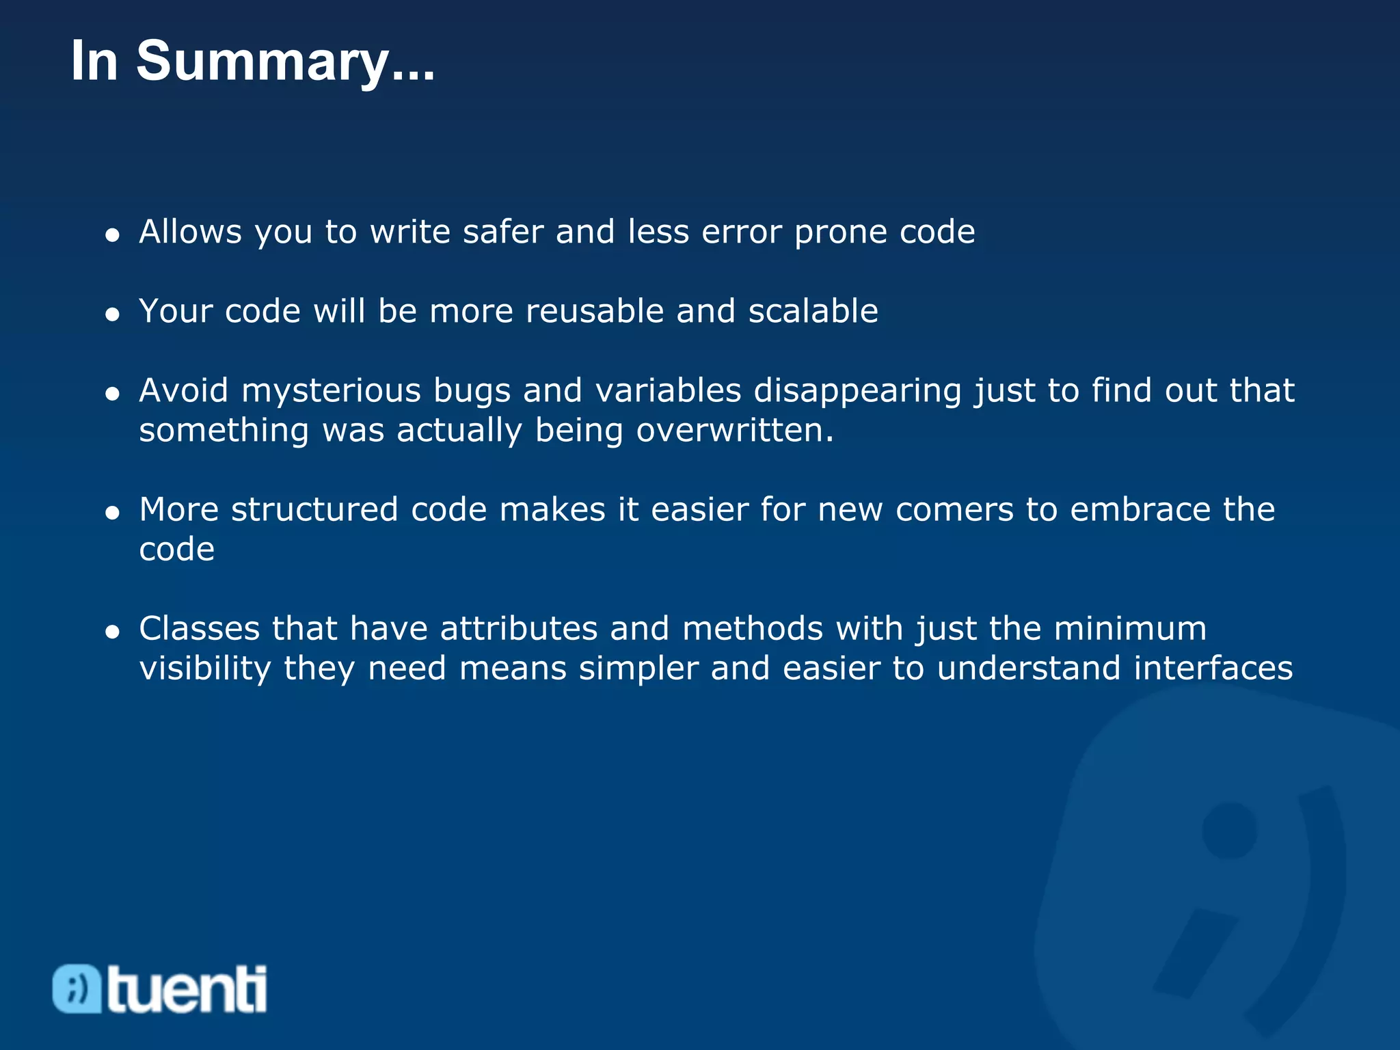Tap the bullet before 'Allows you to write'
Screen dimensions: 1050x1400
point(113,235)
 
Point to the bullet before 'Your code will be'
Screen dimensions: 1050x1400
point(113,314)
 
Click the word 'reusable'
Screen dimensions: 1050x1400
point(594,311)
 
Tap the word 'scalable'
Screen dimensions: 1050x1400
point(813,311)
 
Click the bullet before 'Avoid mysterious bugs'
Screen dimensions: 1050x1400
point(113,394)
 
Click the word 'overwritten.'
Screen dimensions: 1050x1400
point(735,431)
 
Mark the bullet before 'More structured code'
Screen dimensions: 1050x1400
point(113,513)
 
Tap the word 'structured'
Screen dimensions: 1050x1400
point(314,510)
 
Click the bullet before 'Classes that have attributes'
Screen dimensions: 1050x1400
point(113,632)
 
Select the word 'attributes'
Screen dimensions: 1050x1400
point(519,629)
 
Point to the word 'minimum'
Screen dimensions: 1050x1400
point(1130,629)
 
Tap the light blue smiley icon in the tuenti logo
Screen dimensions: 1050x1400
point(77,988)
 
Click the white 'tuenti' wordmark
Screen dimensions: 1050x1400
point(187,989)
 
